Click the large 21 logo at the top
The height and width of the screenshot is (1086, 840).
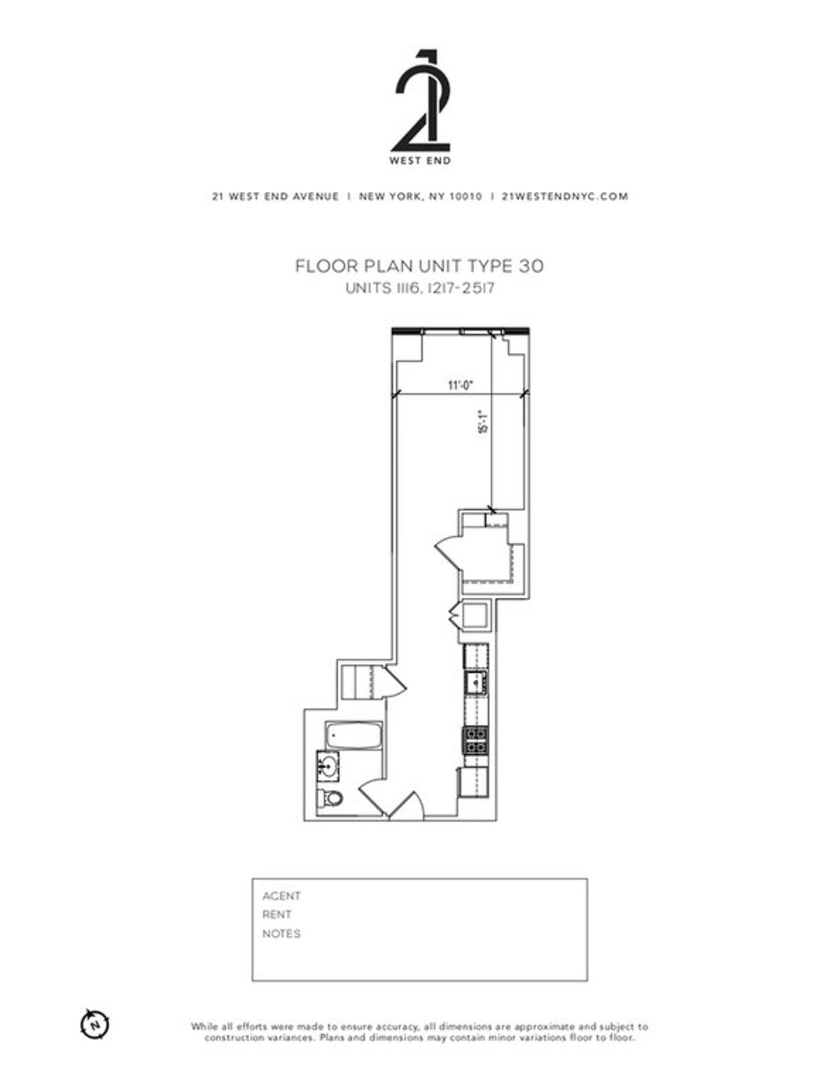[x=420, y=102]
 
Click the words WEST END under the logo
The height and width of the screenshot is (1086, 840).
[x=420, y=160]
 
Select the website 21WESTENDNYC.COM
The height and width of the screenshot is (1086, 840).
[x=565, y=197]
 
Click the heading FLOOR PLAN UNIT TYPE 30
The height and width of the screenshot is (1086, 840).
[x=419, y=266]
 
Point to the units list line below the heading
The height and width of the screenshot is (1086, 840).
[x=419, y=288]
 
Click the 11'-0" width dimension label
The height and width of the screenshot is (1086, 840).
[x=461, y=384]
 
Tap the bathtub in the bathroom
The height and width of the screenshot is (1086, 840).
[x=353, y=737]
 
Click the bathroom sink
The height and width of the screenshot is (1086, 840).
[x=328, y=765]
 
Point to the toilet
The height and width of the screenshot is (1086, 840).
[x=330, y=798]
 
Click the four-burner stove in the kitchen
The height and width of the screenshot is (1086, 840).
[x=475, y=740]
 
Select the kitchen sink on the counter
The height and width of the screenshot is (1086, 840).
[x=475, y=681]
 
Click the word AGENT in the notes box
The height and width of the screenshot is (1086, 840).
[x=281, y=896]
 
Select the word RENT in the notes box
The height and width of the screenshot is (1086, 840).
[x=277, y=914]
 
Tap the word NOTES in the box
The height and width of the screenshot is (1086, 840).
[x=281, y=933]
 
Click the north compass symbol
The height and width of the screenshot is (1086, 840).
[x=95, y=1024]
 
